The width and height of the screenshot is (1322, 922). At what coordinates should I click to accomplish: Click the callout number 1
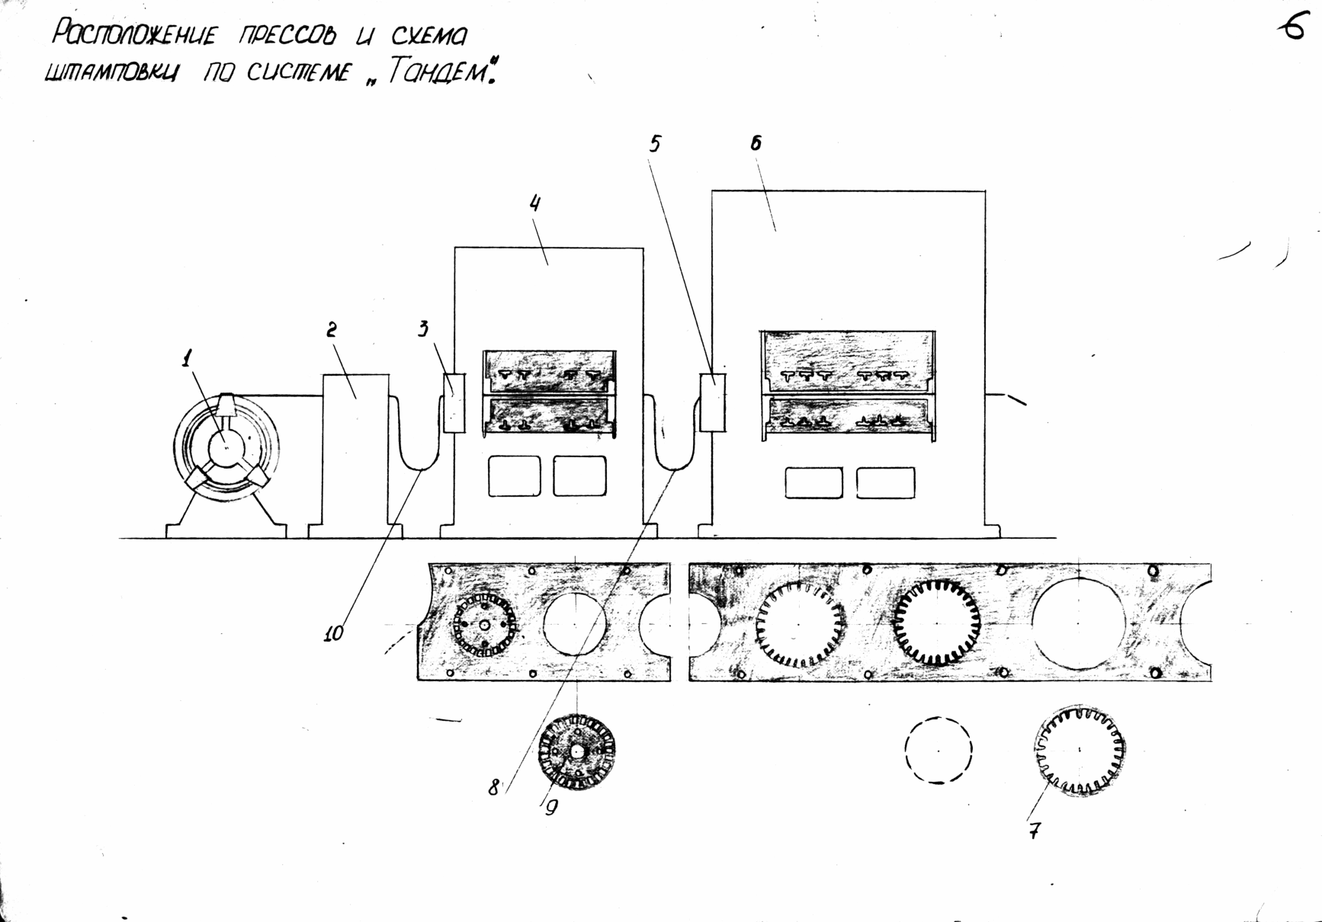(188, 358)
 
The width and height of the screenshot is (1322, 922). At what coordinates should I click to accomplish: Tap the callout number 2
(332, 329)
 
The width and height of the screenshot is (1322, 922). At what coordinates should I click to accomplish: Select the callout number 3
(423, 328)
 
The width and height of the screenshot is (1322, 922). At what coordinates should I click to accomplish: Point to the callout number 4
(535, 203)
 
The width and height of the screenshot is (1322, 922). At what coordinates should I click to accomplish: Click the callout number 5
(655, 143)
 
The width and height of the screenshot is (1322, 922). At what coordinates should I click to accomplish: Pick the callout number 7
(1034, 830)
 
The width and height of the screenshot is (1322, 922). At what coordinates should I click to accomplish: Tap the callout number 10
(333, 633)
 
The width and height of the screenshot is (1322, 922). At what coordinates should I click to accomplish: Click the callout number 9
(551, 808)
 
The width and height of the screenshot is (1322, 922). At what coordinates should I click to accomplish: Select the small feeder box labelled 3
(454, 403)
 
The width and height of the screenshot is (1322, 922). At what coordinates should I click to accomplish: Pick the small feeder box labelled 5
(713, 403)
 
